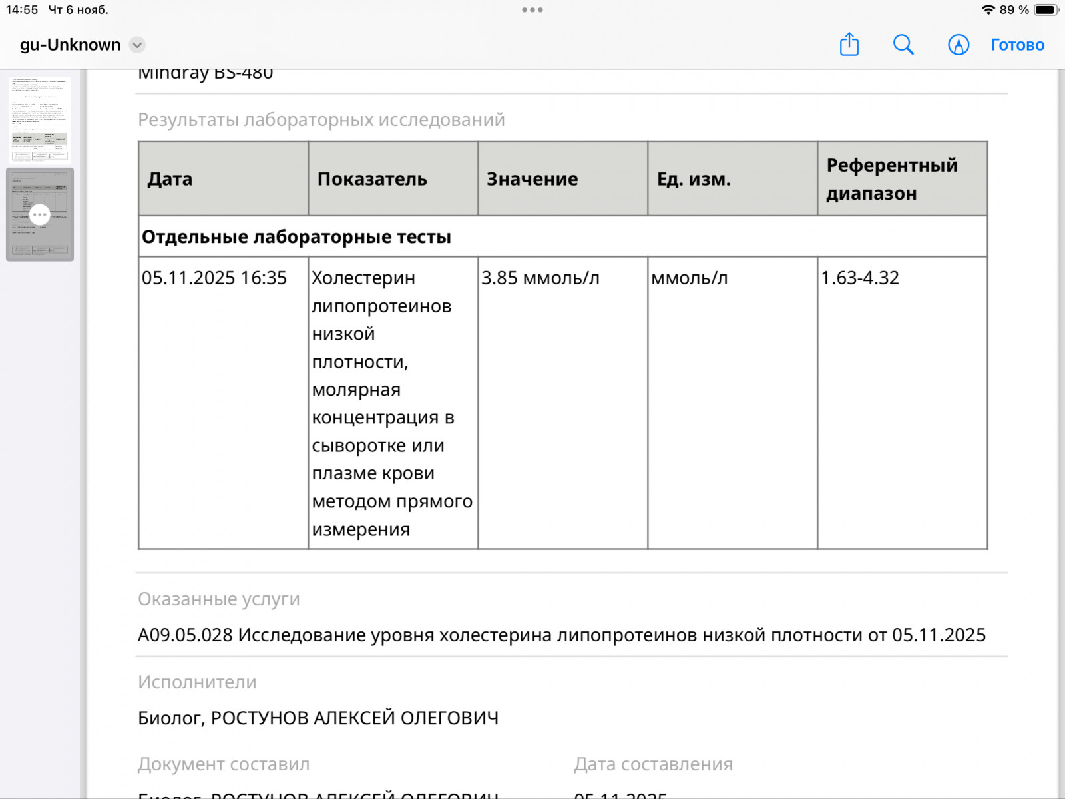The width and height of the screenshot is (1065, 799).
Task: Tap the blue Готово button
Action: point(1017,45)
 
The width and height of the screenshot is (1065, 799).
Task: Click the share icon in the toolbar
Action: point(849,45)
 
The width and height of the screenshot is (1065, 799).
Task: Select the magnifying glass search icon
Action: point(903,45)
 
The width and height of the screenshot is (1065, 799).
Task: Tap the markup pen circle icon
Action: point(958,45)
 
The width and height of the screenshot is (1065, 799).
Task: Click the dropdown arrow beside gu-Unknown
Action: point(137,45)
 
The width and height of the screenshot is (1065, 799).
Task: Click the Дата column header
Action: point(170,179)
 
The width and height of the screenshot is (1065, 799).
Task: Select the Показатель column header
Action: point(372,179)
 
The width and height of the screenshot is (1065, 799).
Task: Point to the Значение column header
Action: point(532,179)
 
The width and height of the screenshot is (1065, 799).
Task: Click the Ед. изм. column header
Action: point(694,179)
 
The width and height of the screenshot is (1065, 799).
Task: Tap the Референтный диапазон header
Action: point(891,179)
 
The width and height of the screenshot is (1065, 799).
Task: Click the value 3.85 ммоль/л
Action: point(540,278)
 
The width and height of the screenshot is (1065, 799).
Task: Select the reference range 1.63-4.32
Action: point(859,278)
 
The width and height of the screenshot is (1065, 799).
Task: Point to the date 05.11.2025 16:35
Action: point(214,278)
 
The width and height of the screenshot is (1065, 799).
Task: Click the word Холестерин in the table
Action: point(363,278)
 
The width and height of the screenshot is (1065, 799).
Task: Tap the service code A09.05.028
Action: point(185,635)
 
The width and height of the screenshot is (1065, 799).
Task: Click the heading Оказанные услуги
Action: point(218,599)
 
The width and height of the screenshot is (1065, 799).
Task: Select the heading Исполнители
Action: point(197,682)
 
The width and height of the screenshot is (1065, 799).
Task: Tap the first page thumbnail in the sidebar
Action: point(40,120)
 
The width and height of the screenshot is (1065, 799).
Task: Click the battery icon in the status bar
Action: point(1044,10)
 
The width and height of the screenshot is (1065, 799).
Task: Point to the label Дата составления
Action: point(653,764)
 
